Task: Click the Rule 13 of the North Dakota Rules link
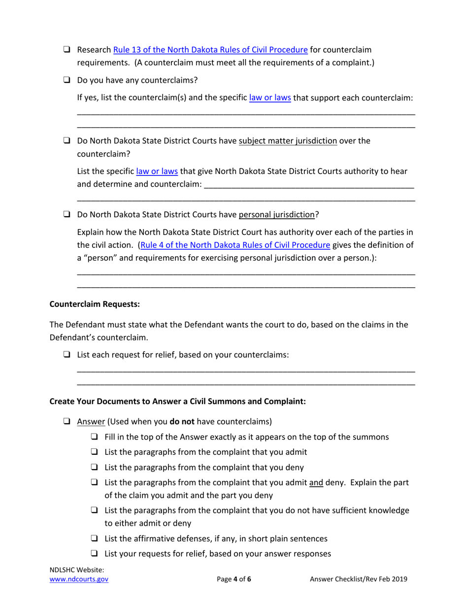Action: (211, 50)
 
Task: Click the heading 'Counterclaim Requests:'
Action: (95, 304)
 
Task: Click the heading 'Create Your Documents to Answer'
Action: (178, 402)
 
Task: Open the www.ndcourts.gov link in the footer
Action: (79, 579)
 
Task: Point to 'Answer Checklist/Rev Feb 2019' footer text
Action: (359, 579)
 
